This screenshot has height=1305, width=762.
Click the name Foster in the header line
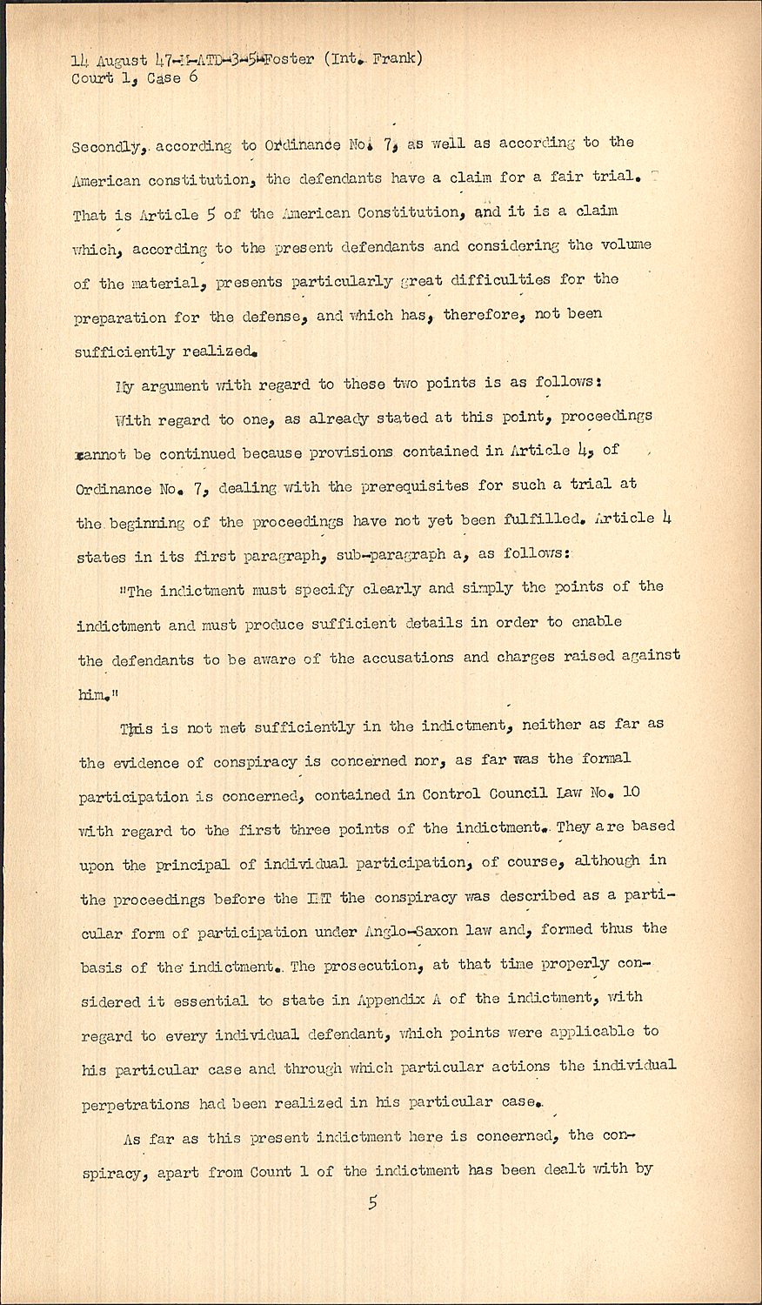[286, 60]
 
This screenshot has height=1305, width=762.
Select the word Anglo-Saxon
[433, 930]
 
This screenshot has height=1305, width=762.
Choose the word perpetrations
[135, 1105]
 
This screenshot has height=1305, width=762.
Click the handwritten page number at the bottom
[373, 1203]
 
